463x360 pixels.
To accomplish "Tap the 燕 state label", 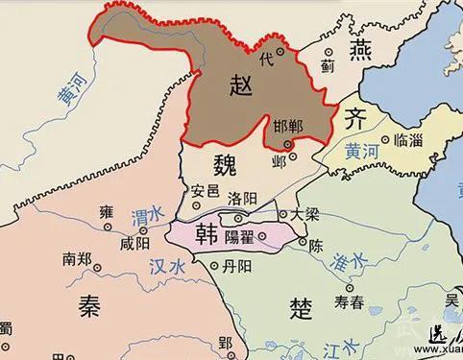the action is (x=333, y=49).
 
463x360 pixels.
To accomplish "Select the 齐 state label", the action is (x=353, y=119).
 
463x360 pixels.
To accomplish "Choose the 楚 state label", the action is (x=301, y=308).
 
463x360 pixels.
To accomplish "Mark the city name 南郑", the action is (x=79, y=258).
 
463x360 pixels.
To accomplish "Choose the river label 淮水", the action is (x=353, y=260).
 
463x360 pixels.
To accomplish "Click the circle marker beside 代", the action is (x=280, y=51).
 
